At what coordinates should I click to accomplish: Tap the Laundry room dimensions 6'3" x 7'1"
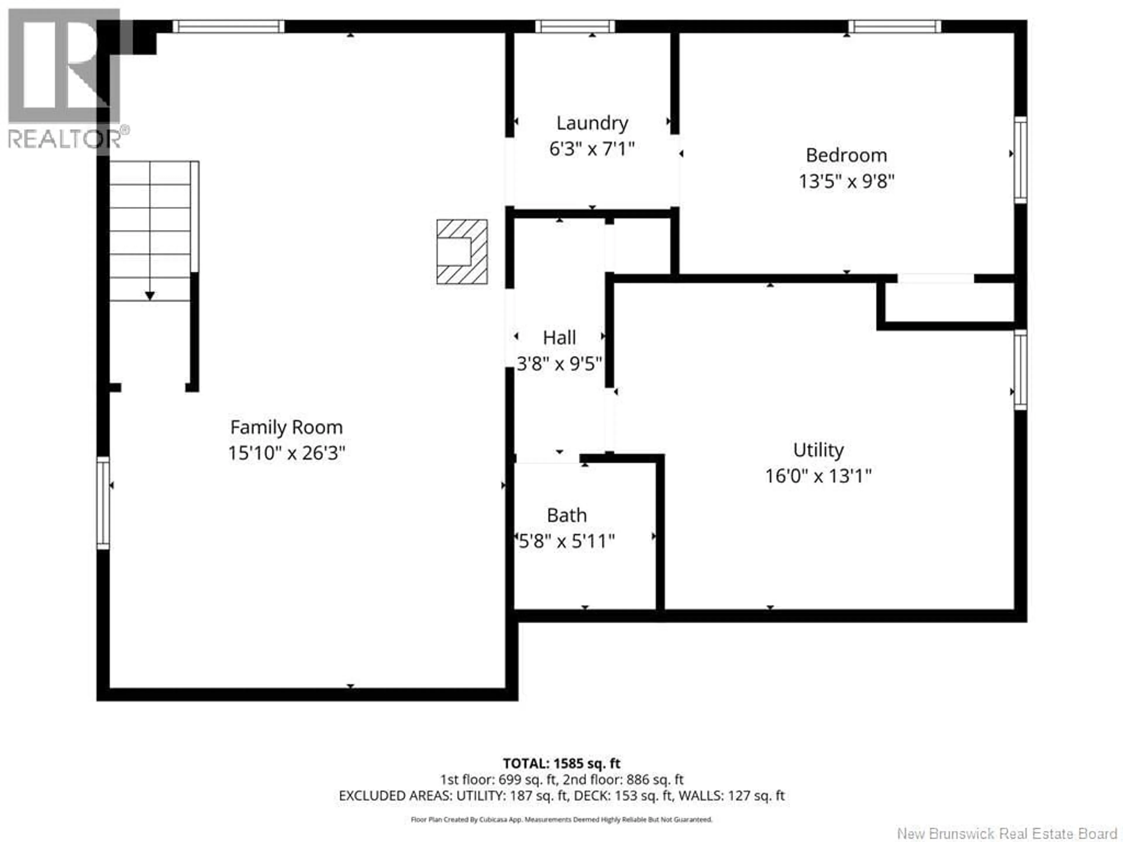(592, 149)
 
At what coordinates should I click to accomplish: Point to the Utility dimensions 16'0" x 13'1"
(818, 476)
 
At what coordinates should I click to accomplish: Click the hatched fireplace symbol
(462, 252)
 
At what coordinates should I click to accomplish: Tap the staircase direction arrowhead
(150, 295)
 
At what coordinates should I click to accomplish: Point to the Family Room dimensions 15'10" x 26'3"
(286, 453)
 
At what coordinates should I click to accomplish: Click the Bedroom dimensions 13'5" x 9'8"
(846, 181)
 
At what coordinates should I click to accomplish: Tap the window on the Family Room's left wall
(103, 503)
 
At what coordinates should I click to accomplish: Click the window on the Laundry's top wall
(575, 26)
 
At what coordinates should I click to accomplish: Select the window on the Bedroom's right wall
(1020, 160)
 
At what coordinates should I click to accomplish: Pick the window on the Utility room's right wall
(1020, 370)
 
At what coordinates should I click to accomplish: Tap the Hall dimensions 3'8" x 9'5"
(559, 363)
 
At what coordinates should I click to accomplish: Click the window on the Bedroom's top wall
(895, 26)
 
